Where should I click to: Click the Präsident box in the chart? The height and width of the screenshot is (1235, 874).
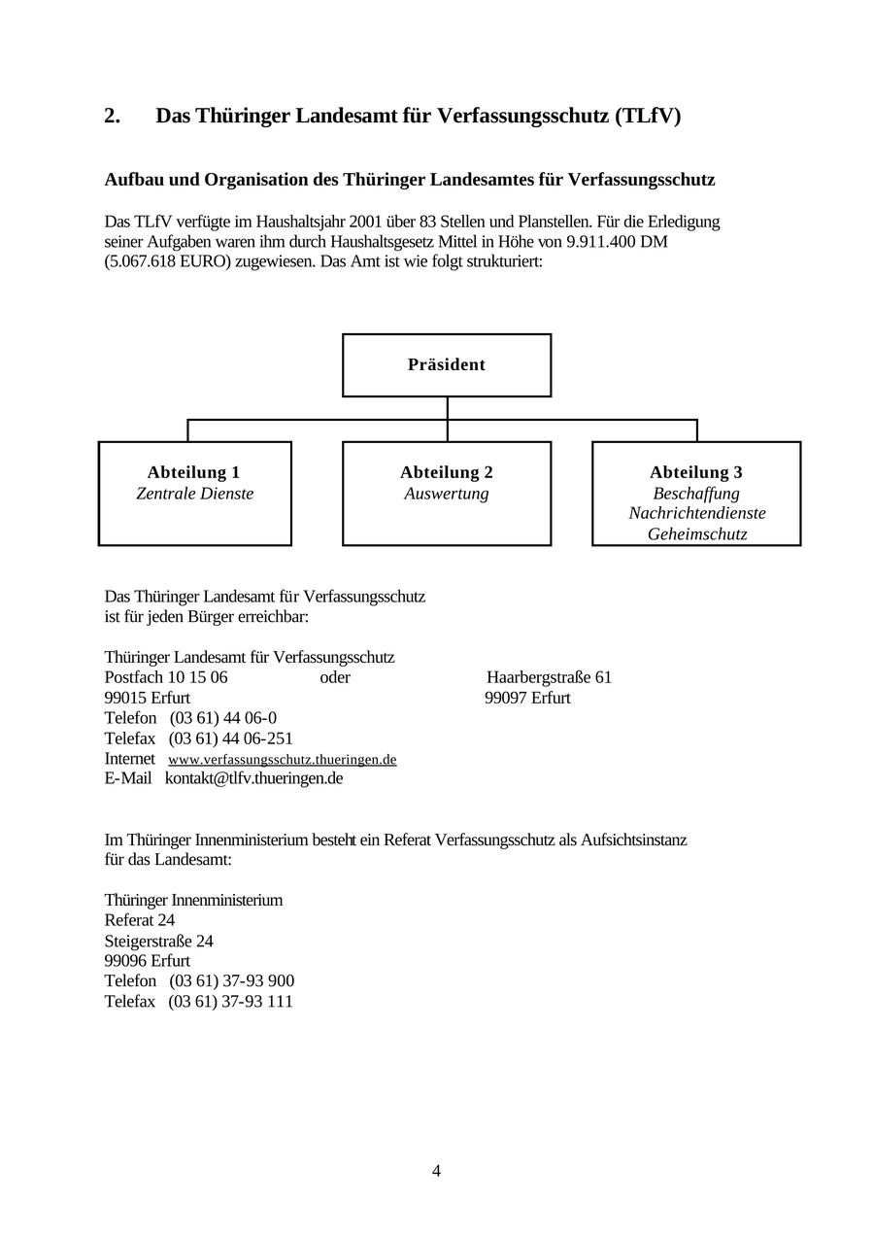tap(447, 365)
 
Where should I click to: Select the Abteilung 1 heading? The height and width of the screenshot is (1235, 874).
tap(194, 472)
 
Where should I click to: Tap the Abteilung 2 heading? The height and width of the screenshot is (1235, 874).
tap(447, 472)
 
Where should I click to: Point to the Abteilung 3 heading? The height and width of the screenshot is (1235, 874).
tap(696, 472)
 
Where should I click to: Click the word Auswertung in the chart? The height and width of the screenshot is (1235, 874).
tap(447, 494)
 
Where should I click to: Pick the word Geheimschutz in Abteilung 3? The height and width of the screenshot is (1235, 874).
tap(697, 534)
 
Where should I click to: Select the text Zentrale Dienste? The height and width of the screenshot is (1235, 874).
tap(194, 494)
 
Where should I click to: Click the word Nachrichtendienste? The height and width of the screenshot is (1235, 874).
tap(697, 513)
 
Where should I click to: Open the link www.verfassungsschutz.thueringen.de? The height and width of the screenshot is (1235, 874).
tap(283, 759)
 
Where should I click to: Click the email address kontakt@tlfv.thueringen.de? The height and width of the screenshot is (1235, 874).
tap(253, 778)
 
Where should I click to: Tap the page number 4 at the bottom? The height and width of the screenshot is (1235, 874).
tap(436, 1171)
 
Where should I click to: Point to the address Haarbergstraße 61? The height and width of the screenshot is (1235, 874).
tap(549, 677)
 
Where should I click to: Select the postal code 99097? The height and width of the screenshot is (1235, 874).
tap(506, 698)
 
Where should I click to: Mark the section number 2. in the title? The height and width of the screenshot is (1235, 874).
tap(113, 117)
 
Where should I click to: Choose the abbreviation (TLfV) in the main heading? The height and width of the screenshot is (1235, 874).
tap(648, 117)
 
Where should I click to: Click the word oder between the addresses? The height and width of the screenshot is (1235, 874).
tap(335, 677)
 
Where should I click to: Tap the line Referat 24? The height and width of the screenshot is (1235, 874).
tap(140, 920)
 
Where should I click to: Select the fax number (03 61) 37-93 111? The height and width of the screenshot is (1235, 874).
tap(231, 1001)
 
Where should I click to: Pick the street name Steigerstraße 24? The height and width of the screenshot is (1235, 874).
tap(159, 941)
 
